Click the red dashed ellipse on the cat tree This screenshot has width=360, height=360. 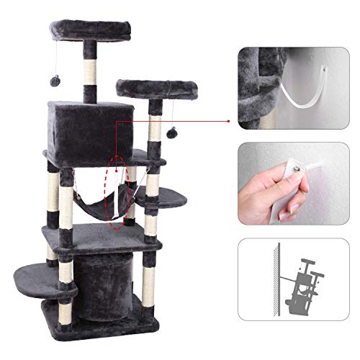117,190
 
